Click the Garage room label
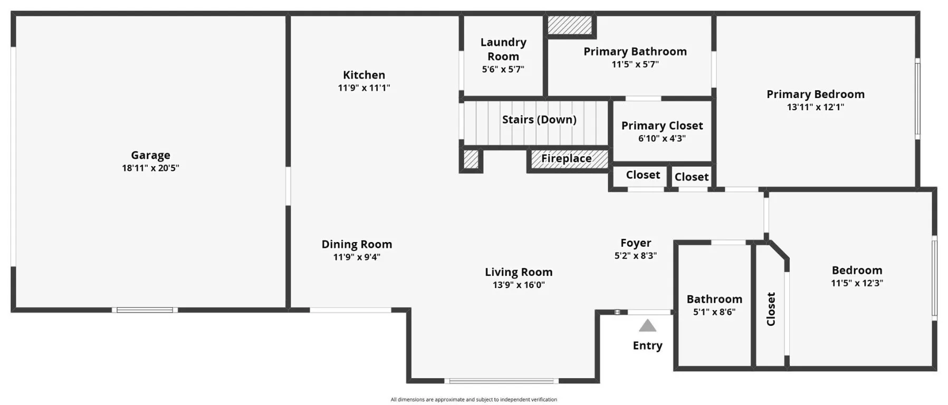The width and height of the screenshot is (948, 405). click(150, 155)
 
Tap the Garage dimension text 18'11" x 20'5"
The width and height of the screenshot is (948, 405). click(150, 168)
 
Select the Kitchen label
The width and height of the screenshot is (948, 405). click(364, 75)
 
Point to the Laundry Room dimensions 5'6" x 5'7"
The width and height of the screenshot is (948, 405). click(503, 69)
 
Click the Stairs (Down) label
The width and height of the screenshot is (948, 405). click(539, 120)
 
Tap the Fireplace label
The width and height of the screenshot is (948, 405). click(566, 159)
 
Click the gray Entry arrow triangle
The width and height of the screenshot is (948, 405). click(647, 326)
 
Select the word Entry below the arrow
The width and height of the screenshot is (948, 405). click(647, 345)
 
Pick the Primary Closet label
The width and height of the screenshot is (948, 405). click(662, 126)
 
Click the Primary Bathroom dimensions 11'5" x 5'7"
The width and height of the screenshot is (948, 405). click(635, 64)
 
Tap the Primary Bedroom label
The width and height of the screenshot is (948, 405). click(815, 94)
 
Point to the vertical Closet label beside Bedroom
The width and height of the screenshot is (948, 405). click(771, 309)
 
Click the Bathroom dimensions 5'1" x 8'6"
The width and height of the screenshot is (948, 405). click(714, 312)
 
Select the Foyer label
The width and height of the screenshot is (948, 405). click(635, 243)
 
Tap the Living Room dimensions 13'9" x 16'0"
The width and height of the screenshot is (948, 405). click(519, 285)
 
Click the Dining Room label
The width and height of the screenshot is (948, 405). click(357, 244)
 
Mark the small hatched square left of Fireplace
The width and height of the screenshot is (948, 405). click(471, 159)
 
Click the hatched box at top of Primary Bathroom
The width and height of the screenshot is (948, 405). click(569, 25)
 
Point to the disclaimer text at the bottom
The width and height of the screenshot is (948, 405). click(473, 400)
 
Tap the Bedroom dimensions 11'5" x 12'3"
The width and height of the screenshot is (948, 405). click(857, 283)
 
